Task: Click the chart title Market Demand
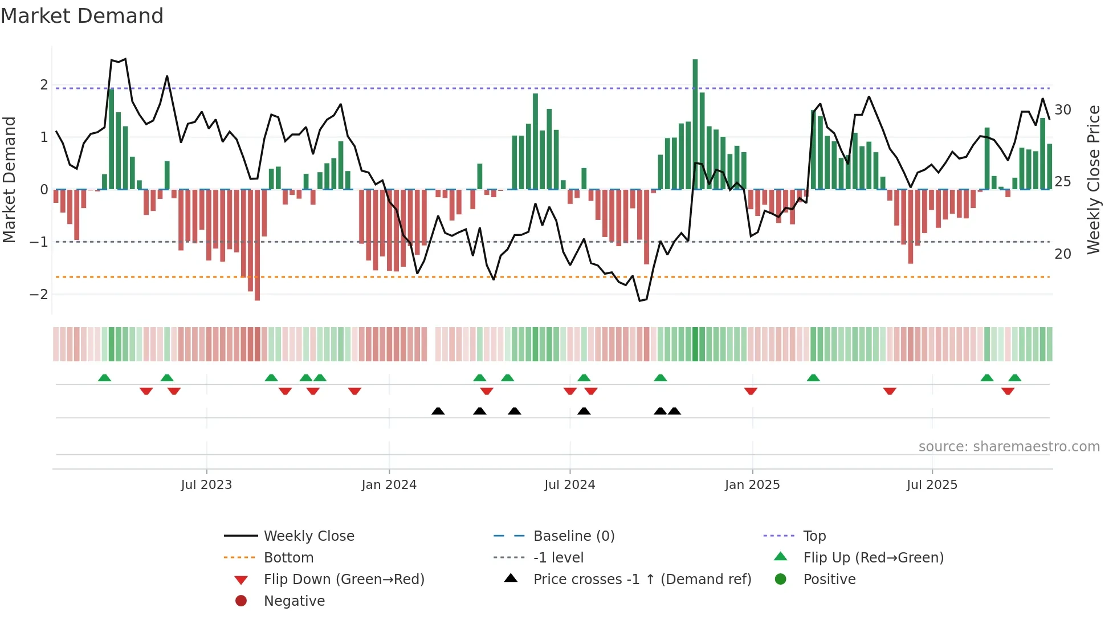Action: [x=82, y=16]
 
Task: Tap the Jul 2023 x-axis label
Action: [x=206, y=485]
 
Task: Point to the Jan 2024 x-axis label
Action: [x=389, y=485]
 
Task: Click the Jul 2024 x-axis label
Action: [x=569, y=485]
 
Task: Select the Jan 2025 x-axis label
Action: [x=752, y=485]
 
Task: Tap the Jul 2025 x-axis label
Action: [x=932, y=485]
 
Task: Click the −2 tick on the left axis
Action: [x=39, y=295]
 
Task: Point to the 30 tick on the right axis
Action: [x=1062, y=110]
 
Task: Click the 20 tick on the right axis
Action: [x=1062, y=254]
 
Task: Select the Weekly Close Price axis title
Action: [x=1093, y=180]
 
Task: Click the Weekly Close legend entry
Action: [x=308, y=536]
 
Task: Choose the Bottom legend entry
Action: [x=288, y=558]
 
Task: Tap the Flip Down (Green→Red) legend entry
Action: [x=344, y=580]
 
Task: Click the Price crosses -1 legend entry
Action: [x=642, y=580]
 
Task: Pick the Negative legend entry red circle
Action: [x=241, y=601]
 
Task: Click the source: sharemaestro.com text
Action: [x=1009, y=447]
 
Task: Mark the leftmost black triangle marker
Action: [x=438, y=411]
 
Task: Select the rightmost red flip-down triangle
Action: [x=1008, y=391]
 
